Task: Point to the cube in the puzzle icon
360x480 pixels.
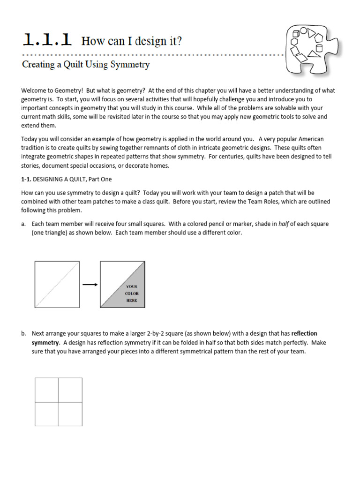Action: [296, 34]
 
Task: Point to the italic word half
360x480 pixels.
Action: [284, 224]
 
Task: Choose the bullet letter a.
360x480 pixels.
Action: [23, 224]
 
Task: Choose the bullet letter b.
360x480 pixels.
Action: [23, 334]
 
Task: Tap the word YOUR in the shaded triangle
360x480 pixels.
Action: [131, 286]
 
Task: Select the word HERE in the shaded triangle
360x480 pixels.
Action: [131, 300]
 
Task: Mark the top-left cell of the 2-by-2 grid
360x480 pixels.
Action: [47, 390]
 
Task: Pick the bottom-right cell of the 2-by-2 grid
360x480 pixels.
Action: [70, 413]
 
